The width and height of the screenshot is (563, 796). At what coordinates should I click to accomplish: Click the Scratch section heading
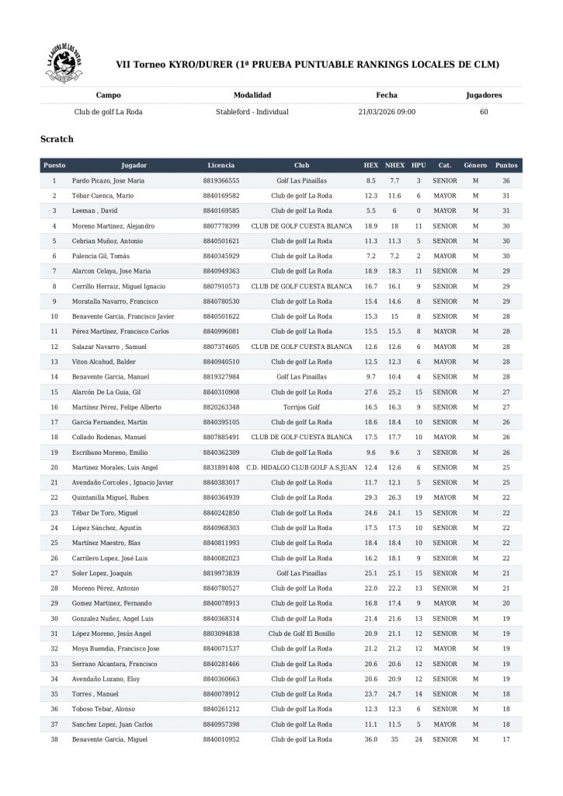(x=57, y=139)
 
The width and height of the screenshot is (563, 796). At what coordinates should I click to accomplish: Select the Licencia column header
(x=221, y=166)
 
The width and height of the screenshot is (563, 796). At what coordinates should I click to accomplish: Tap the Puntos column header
(x=506, y=166)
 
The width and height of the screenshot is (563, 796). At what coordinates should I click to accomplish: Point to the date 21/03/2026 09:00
(x=387, y=112)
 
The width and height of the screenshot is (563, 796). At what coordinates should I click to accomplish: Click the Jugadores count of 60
(x=484, y=112)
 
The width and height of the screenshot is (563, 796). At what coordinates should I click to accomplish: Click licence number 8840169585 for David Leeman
(x=221, y=211)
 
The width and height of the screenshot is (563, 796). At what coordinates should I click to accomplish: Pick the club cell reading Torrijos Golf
(x=301, y=407)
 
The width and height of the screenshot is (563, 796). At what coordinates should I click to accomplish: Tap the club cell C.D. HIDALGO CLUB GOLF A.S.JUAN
(x=301, y=468)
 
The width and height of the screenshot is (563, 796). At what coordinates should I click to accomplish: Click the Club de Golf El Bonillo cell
(x=301, y=634)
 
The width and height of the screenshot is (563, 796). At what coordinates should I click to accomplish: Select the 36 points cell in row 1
(x=506, y=180)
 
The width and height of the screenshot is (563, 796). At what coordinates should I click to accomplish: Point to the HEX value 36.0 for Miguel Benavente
(x=371, y=739)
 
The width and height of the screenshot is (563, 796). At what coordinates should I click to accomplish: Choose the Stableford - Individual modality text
(x=252, y=112)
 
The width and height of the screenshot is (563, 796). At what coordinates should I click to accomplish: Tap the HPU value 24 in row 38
(x=419, y=739)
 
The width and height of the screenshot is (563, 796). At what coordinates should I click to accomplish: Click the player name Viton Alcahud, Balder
(x=106, y=362)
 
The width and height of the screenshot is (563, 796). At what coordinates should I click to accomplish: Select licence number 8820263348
(x=221, y=407)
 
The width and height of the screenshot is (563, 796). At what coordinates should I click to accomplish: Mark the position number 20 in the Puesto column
(x=54, y=468)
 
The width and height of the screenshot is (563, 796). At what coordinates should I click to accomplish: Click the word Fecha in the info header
(x=387, y=96)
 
